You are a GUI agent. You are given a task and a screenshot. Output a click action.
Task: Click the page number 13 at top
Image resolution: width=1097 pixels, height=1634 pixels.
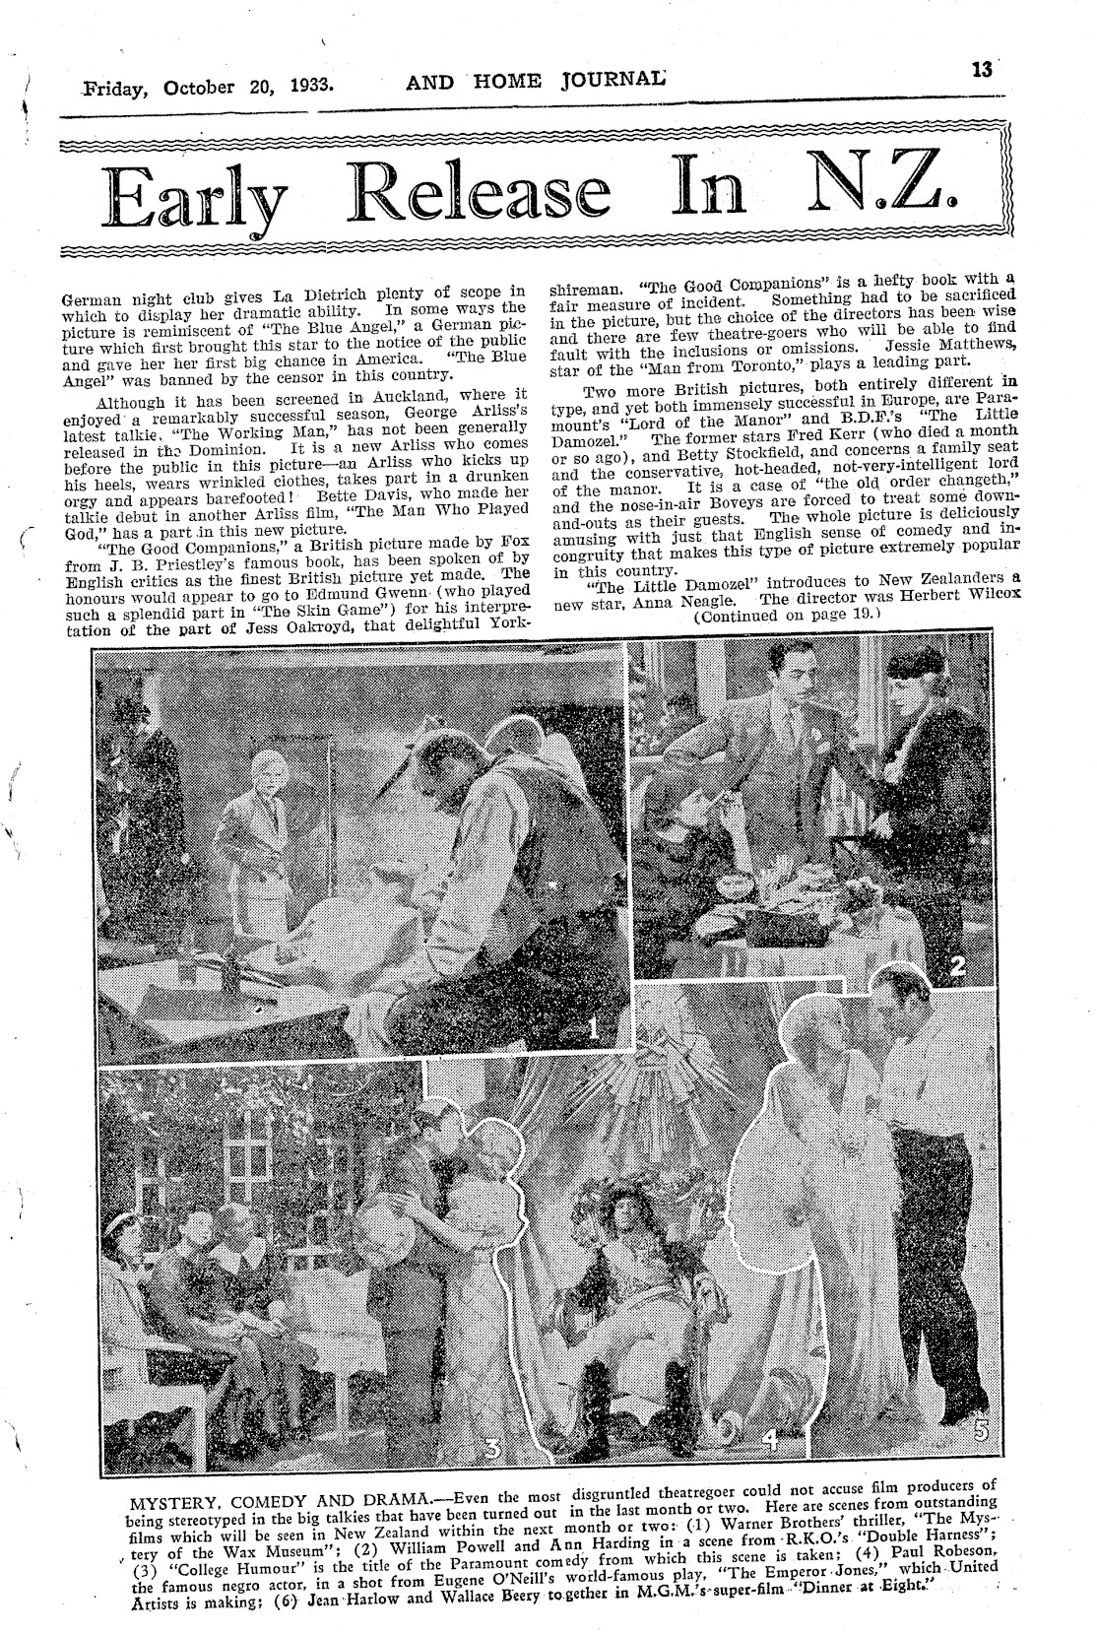981,69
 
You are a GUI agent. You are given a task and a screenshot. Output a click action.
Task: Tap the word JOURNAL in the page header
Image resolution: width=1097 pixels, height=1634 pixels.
608,81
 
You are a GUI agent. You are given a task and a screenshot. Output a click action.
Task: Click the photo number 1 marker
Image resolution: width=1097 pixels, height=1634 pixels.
594,1029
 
